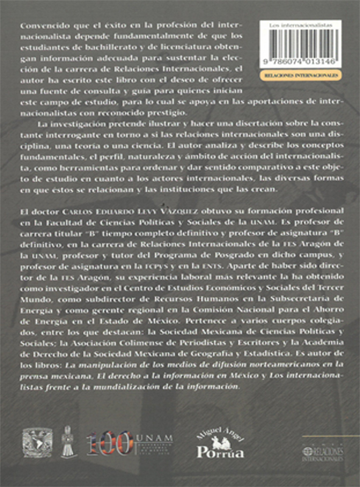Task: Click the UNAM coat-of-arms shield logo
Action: click(x=37, y=442)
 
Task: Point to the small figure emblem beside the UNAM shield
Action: click(x=69, y=442)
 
